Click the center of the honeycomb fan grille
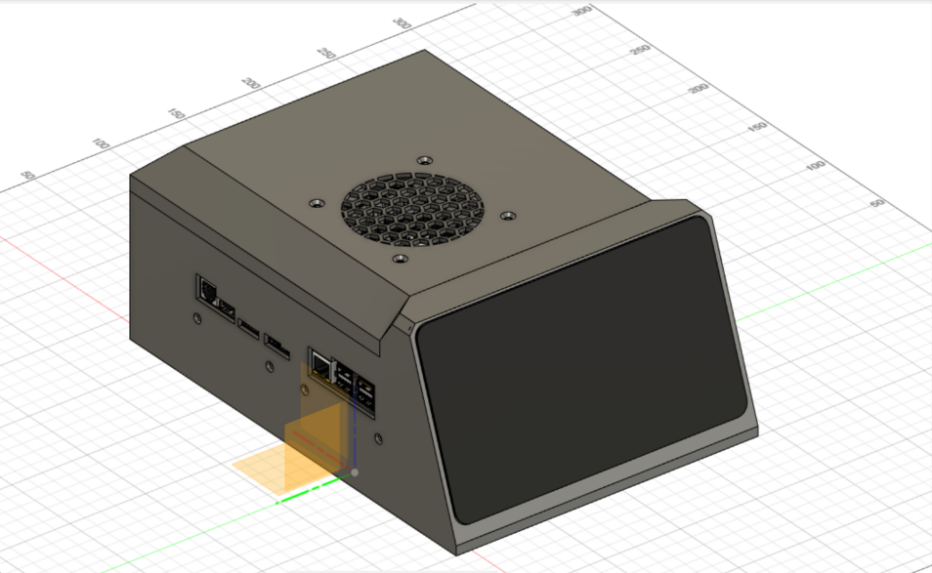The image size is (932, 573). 413,208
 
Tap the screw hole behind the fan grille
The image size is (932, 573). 423,158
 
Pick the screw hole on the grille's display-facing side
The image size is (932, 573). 507,213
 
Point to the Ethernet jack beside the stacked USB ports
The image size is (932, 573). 320,364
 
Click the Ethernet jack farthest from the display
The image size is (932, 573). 208,288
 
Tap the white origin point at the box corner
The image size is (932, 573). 354,472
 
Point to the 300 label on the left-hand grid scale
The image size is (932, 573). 402,23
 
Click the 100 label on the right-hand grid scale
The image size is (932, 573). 814,166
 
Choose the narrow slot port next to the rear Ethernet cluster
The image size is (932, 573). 250,328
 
